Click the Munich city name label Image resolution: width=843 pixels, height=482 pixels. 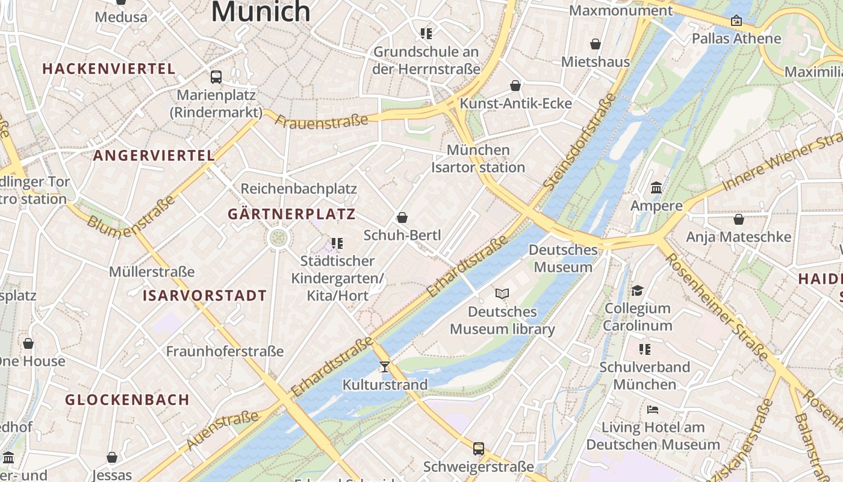261,11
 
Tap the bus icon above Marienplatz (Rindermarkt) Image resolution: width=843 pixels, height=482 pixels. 216,77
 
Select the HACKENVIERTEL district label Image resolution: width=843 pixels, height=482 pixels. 109,69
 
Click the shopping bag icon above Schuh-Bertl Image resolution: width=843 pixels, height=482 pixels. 402,218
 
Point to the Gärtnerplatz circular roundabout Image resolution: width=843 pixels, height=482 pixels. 278,237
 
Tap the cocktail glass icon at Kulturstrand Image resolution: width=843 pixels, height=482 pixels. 385,366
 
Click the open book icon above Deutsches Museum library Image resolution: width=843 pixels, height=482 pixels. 502,293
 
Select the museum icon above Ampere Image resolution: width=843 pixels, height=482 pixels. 656,188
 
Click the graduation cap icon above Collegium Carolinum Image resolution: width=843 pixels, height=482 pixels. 638,291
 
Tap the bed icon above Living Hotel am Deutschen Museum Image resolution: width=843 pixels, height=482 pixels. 653,410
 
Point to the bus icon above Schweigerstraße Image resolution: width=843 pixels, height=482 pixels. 479,448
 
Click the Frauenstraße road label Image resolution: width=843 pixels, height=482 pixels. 322,121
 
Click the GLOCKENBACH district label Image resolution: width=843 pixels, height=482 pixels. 128,400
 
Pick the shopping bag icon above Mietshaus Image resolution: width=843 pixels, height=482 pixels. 596,44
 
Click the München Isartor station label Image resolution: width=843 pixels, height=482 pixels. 478,158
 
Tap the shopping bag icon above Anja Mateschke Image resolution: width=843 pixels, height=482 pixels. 739,219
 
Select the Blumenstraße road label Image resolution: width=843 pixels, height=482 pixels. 131,214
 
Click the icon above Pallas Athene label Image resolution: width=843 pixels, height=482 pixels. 736,21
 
